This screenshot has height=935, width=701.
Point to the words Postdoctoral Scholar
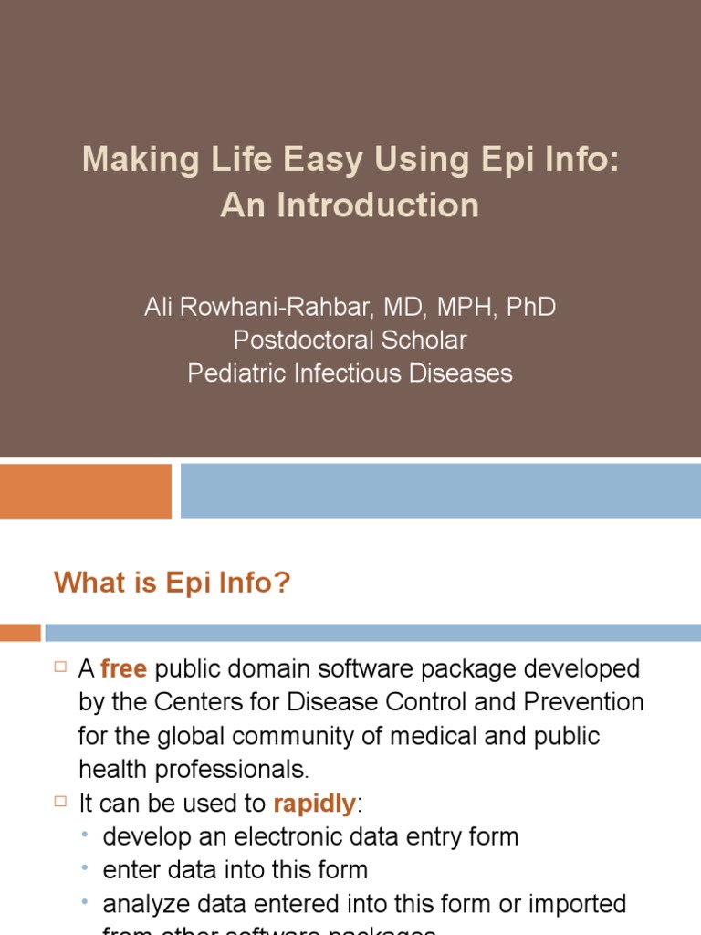click(350, 340)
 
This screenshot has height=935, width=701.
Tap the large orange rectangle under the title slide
click(85, 490)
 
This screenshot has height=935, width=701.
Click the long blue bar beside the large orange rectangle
click(440, 490)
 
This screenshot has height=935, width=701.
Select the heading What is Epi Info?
click(172, 582)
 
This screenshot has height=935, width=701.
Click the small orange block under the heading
click(20, 632)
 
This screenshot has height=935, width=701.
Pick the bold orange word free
click(123, 669)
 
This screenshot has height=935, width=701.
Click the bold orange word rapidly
click(314, 804)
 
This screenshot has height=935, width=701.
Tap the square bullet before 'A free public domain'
click(61, 667)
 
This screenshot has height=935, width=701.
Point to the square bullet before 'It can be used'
click(61, 802)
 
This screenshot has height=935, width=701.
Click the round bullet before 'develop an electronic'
click(85, 835)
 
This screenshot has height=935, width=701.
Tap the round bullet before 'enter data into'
click(85, 869)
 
